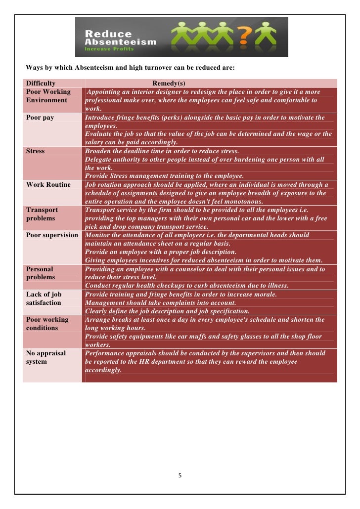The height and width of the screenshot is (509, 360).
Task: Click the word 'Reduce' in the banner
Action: click(109, 34)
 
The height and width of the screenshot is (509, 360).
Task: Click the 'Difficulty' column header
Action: click(41, 84)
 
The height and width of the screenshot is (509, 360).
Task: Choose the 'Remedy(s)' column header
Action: click(169, 84)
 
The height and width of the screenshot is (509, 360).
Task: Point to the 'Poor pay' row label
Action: click(40, 118)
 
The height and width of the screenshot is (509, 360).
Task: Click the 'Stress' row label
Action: click(35, 151)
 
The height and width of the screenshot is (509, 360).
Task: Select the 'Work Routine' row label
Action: click(48, 184)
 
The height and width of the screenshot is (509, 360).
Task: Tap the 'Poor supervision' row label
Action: click(52, 235)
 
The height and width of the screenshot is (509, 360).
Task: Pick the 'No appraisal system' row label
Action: click(46, 357)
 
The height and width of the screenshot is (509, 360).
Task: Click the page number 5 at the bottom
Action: click(180, 475)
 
